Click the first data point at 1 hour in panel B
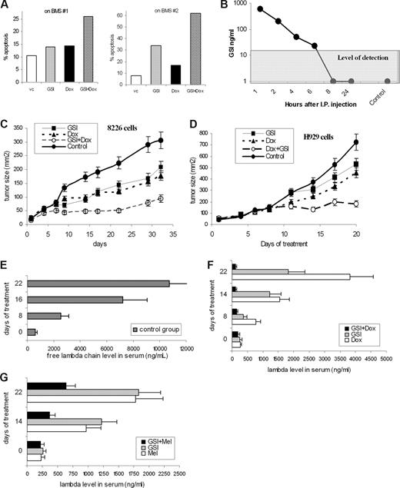pyautogui.click(x=238, y=9)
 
